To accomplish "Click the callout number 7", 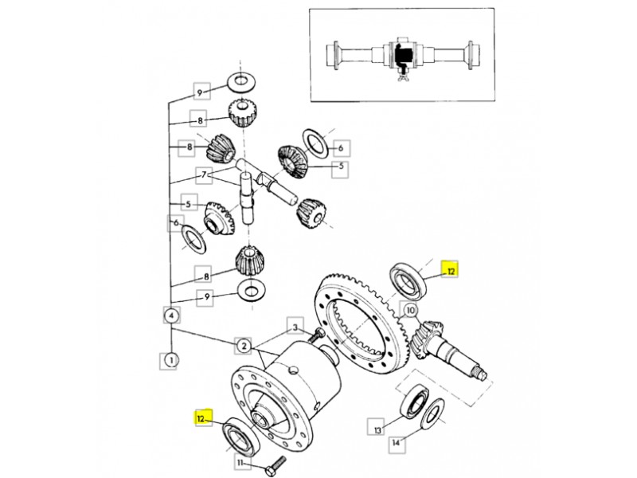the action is [x=204, y=175].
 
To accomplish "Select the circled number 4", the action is [x=172, y=315].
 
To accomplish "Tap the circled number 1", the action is [x=171, y=360].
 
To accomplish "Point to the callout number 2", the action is [x=244, y=346].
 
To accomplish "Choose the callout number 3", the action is [x=295, y=327].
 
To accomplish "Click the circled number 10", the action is [x=411, y=311].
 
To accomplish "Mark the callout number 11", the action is [x=240, y=463].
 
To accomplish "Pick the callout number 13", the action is [x=377, y=429].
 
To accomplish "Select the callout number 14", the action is [x=396, y=442].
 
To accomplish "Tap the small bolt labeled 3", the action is [x=315, y=335].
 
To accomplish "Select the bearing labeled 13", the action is [x=415, y=400].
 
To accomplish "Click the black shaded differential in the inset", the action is [x=403, y=54].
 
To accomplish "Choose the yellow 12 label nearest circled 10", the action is [x=450, y=269].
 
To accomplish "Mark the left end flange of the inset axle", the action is [x=335, y=56].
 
